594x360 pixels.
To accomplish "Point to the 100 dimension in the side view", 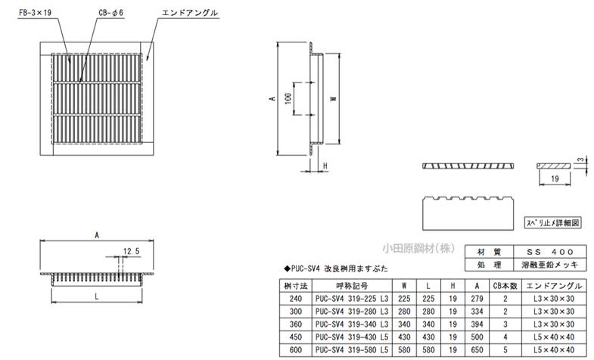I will pyautogui.click(x=288, y=100).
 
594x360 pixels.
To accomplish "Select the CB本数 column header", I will pyautogui.click(x=505, y=287).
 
